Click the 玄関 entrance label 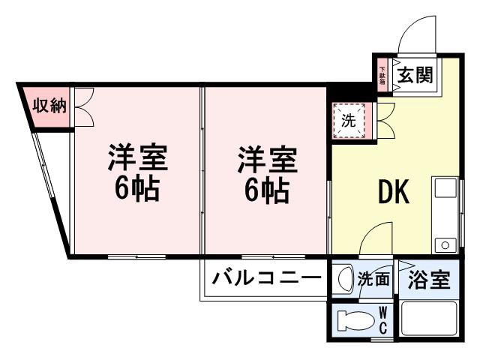point(415,76)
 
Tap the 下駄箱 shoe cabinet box point(382,76)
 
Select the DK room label point(391,193)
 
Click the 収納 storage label point(48,106)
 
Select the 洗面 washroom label point(373,280)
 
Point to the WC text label point(382,321)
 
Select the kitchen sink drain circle point(445,244)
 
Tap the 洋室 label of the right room point(267,160)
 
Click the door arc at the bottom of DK point(373,241)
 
